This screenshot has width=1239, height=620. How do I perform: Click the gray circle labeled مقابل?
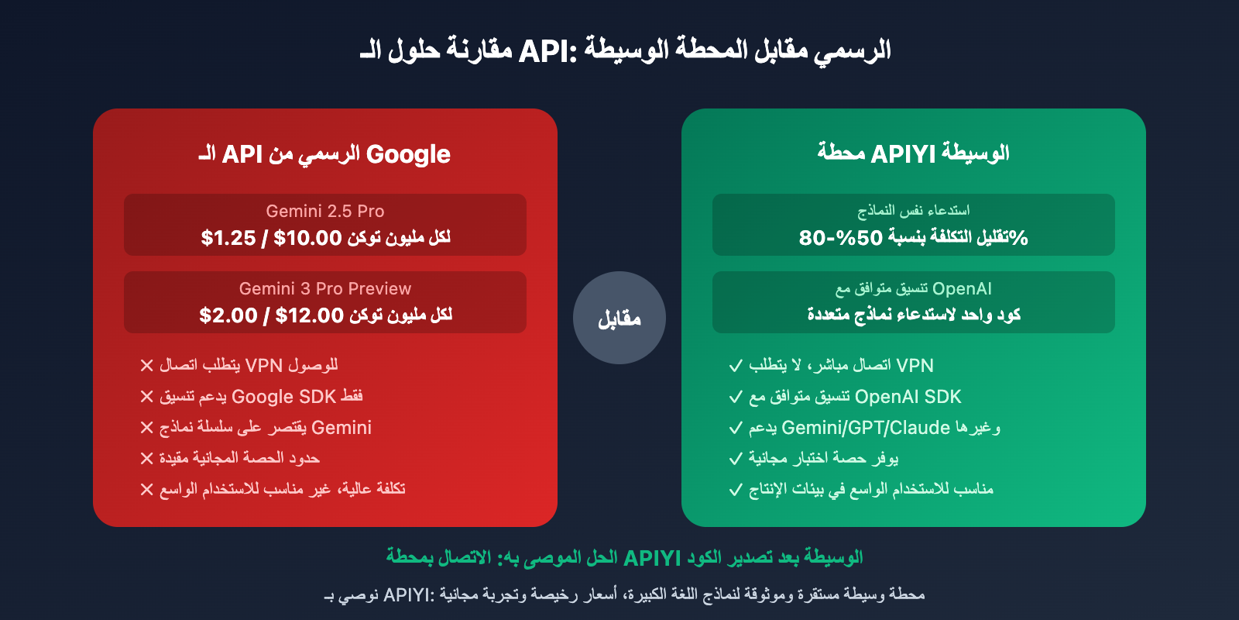pos(619,318)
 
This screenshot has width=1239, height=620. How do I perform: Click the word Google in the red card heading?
pos(408,154)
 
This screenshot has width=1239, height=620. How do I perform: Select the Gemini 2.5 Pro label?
pos(325,211)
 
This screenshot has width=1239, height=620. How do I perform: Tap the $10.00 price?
pos(307,238)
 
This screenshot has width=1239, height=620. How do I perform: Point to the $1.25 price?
pos(228,238)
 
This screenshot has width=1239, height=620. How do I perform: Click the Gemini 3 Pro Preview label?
pos(325,288)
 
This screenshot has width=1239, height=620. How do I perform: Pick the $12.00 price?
pos(309,315)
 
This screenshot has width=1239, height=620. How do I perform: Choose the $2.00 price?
pos(228,315)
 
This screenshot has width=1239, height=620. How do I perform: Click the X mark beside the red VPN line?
pos(146,365)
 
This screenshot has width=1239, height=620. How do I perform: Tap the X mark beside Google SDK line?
pos(146,397)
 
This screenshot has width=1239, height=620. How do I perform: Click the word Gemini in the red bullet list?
pos(341,428)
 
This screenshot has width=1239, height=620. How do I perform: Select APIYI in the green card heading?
pos(903,154)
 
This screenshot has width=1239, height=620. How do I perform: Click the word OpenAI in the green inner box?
pos(962,288)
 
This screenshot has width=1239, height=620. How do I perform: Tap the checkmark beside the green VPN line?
pos(736,365)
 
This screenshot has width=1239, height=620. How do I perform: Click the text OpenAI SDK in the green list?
pos(908,397)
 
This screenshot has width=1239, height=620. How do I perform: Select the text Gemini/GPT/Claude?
pos(866,428)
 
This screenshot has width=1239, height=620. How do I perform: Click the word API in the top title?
pos(544,51)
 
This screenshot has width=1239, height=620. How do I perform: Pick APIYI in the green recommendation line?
pos(651,558)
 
